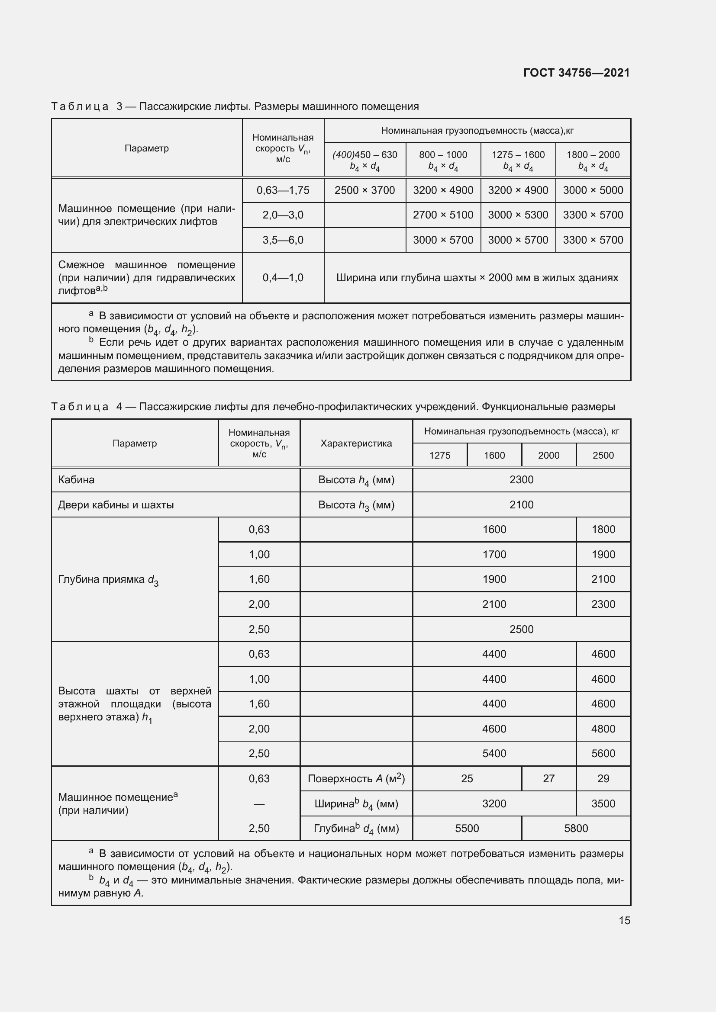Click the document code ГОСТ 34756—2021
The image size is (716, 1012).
click(576, 73)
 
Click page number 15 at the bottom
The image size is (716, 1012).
click(624, 920)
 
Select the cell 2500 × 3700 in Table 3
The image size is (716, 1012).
click(364, 190)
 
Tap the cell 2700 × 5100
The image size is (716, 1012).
click(443, 215)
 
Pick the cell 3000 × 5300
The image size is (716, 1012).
click(518, 215)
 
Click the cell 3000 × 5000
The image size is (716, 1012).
click(593, 190)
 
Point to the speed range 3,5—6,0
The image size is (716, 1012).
click(283, 240)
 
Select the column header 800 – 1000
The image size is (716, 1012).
click(443, 155)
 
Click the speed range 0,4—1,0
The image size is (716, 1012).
click(283, 278)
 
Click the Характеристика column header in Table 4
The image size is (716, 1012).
click(356, 443)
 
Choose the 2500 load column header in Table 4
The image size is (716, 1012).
click(603, 455)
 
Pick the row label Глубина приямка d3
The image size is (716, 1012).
click(108, 580)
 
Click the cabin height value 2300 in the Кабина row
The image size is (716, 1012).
click(521, 479)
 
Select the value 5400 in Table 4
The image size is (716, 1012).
click(494, 754)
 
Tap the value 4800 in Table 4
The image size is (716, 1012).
click(603, 729)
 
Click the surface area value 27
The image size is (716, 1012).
click(548, 779)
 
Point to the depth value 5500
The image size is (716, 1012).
click(467, 829)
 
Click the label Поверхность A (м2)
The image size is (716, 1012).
click(356, 779)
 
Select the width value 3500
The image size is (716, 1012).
click(603, 804)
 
